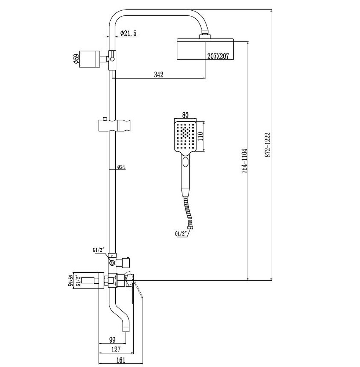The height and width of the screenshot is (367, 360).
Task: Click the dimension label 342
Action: (158, 75)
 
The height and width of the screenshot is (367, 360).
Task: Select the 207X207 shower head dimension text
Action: (218, 56)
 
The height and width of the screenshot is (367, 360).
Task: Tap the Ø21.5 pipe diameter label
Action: (128, 33)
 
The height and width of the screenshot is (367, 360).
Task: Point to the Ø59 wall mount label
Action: (76, 59)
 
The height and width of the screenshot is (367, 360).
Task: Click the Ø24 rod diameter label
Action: (121, 167)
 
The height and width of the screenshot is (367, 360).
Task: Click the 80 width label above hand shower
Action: (186, 115)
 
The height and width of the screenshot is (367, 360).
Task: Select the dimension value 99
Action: (112, 339)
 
